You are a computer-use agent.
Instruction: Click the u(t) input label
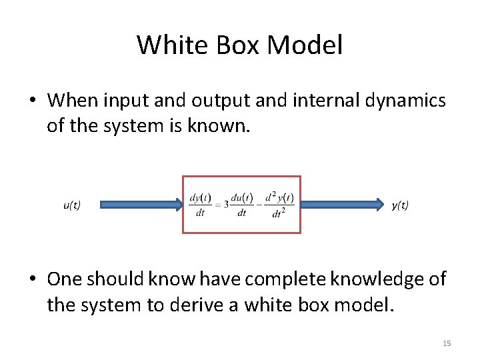pos(72,205)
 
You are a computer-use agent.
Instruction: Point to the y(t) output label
pos(400,205)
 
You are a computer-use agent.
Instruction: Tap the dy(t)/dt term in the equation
pos(201,205)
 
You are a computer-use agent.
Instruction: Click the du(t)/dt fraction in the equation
pos(241,205)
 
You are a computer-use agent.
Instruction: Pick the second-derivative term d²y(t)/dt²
pos(279,205)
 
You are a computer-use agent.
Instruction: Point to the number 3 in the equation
pos(226,205)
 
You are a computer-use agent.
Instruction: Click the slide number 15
pos(447,343)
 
